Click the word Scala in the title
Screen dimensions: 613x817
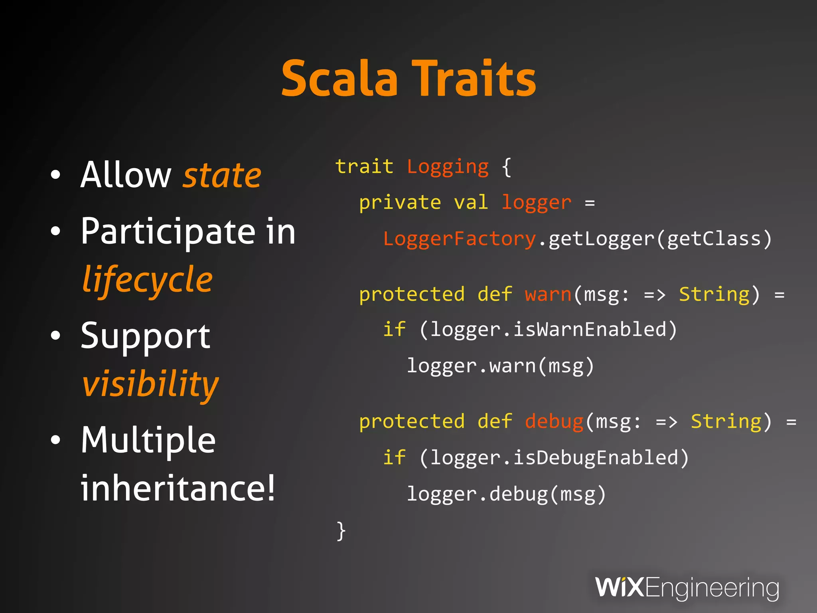click(339, 79)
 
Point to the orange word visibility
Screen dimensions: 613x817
click(150, 384)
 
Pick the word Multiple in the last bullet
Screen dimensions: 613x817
click(148, 441)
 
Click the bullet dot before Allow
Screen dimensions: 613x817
click(56, 175)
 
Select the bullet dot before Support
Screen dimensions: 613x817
click(56, 336)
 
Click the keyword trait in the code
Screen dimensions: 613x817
click(364, 166)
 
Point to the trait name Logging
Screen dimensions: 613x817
click(448, 167)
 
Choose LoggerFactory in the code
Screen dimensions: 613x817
click(459, 239)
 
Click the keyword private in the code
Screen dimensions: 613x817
click(400, 203)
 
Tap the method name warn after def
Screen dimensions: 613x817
click(548, 295)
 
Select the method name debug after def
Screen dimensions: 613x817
click(554, 422)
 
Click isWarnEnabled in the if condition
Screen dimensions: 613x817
click(590, 330)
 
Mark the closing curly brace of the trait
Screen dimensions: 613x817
click(341, 531)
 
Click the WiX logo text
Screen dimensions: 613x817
click(619, 587)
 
